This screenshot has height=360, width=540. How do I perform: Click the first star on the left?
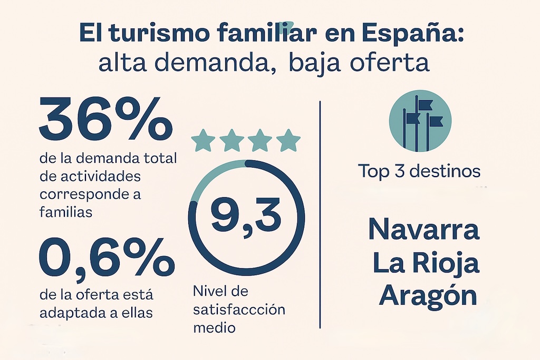click(x=203, y=141)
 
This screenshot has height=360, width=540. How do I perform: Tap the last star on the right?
click(x=288, y=141)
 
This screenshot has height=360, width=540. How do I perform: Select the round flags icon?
click(x=420, y=121)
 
